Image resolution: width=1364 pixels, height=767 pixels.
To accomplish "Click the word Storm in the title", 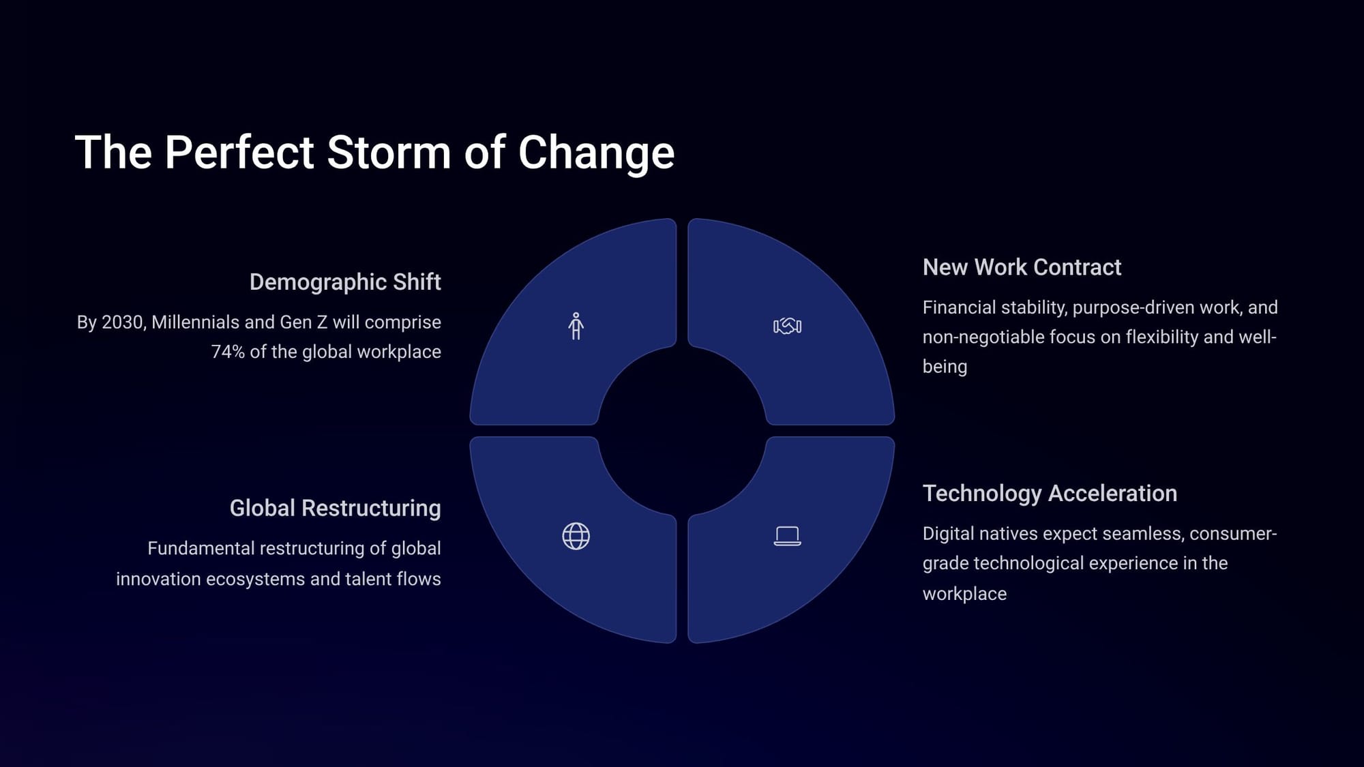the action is pyautogui.click(x=389, y=152).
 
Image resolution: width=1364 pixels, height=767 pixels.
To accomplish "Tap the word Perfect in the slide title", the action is pyautogui.click(x=239, y=152).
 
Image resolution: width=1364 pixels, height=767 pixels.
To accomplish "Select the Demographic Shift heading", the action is pyautogui.click(x=345, y=282).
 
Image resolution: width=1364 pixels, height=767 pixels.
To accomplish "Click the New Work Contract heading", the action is pyautogui.click(x=1022, y=267).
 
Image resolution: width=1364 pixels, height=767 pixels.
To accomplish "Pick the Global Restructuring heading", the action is pyautogui.click(x=335, y=509).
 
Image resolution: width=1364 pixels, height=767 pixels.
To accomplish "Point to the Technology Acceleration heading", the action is pyautogui.click(x=1050, y=494).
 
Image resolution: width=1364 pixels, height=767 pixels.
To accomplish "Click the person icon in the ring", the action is pyautogui.click(x=576, y=326).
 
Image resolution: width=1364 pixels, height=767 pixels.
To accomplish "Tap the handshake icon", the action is pyautogui.click(x=787, y=326).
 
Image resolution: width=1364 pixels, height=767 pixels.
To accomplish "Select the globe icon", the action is pyautogui.click(x=576, y=537).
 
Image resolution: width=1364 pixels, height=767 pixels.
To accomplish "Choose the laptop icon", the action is pyautogui.click(x=787, y=536).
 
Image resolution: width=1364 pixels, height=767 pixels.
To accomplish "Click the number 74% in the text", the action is pyautogui.click(x=228, y=352).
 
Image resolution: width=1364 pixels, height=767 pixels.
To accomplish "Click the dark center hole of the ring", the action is pyautogui.click(x=682, y=431).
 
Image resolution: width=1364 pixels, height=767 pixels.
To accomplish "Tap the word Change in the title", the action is pyautogui.click(x=596, y=153).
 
